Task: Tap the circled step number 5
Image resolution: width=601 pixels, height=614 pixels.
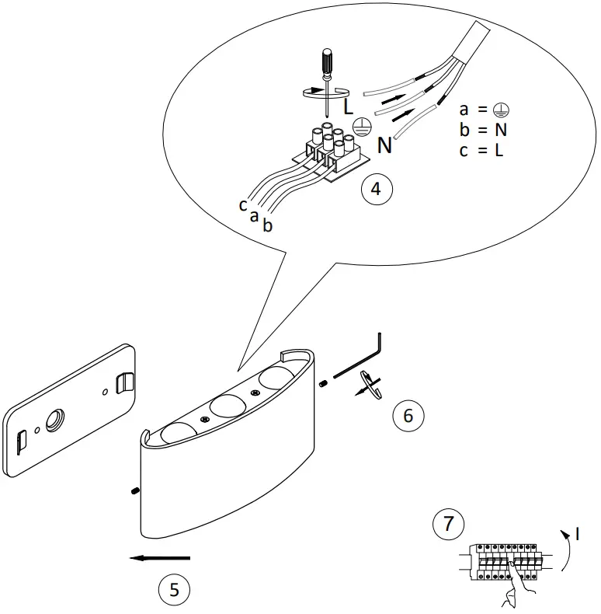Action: point(174,590)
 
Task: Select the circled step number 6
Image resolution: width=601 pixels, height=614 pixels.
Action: point(408,415)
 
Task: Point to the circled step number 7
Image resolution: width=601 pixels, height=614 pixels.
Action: point(448,523)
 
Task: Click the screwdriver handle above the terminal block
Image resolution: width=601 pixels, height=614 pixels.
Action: point(326,63)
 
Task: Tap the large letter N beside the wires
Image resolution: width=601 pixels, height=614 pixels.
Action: point(384,145)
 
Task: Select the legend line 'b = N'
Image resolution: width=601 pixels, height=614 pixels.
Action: point(482,130)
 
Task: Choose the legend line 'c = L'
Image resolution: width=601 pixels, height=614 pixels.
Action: point(481,150)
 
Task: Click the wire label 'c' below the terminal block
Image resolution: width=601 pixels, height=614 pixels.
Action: point(243,205)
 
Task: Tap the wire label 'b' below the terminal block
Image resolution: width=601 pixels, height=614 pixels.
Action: point(267,225)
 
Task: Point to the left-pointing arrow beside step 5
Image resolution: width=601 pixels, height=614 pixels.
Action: point(161,557)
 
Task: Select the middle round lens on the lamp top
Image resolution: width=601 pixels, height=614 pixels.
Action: point(228,406)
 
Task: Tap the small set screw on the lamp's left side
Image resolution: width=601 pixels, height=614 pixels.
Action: point(134,490)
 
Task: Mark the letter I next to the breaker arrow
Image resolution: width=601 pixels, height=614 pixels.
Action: point(578,534)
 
